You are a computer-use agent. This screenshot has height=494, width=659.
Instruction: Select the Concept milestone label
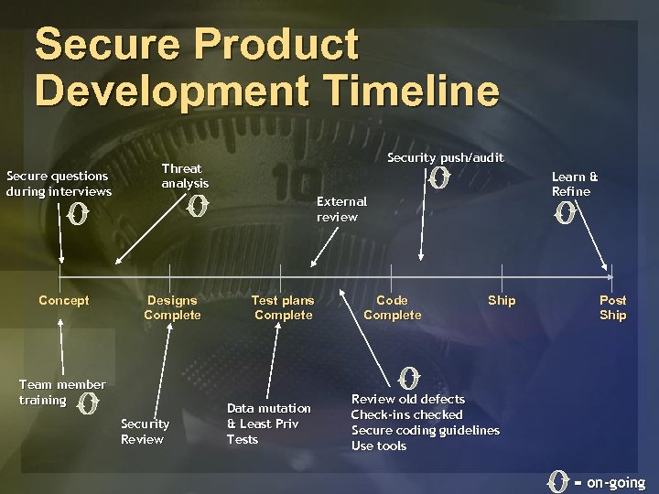click(x=64, y=300)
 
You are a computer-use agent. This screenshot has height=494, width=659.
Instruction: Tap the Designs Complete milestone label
click(x=172, y=307)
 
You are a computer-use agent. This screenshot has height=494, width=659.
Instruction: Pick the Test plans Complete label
click(x=283, y=307)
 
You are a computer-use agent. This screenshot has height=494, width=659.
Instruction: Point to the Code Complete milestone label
click(x=392, y=307)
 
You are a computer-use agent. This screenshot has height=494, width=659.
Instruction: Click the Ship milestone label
click(x=502, y=300)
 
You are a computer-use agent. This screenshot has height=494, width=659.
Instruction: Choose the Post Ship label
click(x=612, y=307)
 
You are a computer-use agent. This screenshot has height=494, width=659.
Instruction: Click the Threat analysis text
click(x=185, y=176)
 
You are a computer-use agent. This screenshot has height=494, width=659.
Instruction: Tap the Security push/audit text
click(x=445, y=157)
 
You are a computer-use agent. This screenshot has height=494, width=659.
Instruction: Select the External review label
click(x=341, y=209)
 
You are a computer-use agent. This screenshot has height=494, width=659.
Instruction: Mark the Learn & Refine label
click(x=575, y=184)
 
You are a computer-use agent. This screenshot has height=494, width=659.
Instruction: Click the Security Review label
click(x=145, y=431)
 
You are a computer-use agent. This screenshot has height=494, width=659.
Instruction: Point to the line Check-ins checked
click(x=407, y=414)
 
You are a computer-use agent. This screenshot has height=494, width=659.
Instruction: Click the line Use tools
click(x=379, y=446)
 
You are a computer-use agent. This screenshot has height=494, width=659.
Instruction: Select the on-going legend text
click(x=615, y=482)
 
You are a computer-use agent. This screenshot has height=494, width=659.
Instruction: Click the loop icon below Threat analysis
click(x=194, y=208)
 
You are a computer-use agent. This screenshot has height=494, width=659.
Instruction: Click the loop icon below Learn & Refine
click(x=566, y=214)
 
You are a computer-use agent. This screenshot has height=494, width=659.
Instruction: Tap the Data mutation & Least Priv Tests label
click(x=268, y=424)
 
